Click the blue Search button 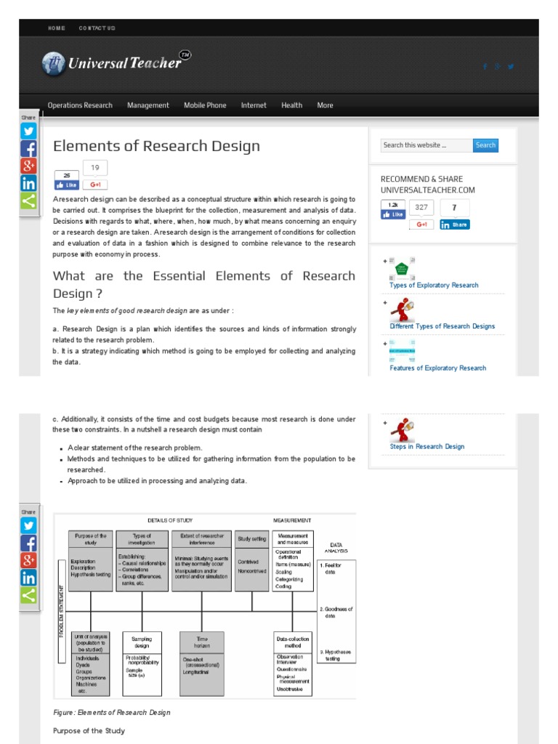pos(485,145)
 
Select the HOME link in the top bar pos(56,28)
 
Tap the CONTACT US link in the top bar pos(97,28)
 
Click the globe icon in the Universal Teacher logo pos(53,64)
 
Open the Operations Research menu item pos(80,105)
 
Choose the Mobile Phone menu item pos(205,105)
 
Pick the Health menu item pos(291,105)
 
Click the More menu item pos(325,105)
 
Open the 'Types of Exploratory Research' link pos(434,286)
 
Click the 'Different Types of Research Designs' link pos(442,326)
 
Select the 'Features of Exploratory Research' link pos(437,368)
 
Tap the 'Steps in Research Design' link pos(426,447)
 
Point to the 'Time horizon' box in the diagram pos(202,642)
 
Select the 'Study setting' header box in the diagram pos(251,540)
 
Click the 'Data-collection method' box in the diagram pos(293,642)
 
